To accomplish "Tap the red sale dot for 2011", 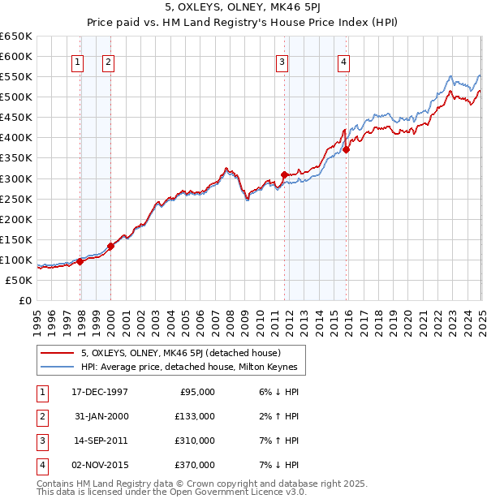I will click(x=284, y=174).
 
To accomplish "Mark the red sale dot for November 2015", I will click(x=346, y=149).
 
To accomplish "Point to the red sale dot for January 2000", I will click(x=111, y=246).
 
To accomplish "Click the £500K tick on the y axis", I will click(x=16, y=97).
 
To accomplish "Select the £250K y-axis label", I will click(x=16, y=199).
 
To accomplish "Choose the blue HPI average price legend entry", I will click(x=189, y=368).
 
